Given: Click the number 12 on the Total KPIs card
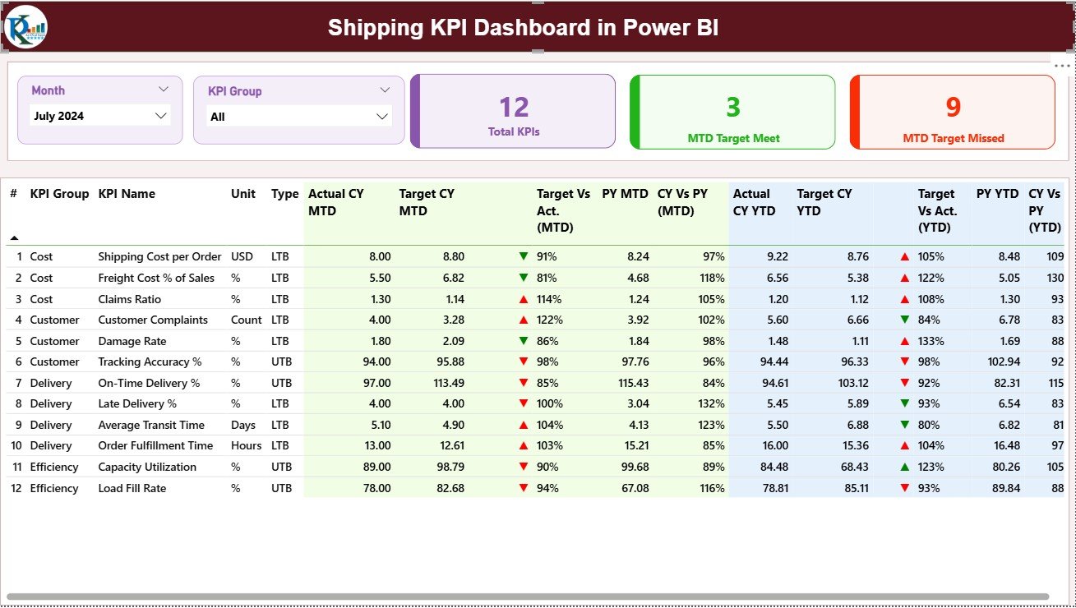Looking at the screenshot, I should [x=514, y=107].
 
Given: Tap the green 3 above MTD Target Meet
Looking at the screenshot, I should [x=733, y=106].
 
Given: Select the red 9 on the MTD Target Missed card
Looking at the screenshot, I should [x=953, y=106].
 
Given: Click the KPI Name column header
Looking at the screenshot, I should [x=127, y=194].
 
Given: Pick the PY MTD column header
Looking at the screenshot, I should [x=625, y=194].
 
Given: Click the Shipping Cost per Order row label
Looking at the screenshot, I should [x=159, y=256].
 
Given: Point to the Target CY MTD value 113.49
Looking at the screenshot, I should [x=447, y=383].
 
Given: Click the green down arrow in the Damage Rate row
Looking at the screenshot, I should [x=524, y=341].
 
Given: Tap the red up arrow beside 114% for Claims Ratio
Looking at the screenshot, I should [x=524, y=299].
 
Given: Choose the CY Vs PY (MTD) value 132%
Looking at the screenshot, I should [x=712, y=403].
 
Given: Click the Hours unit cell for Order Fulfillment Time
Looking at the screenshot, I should [x=246, y=445].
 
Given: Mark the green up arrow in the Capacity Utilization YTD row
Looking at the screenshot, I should [x=905, y=467].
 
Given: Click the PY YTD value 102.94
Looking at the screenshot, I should [x=1004, y=362].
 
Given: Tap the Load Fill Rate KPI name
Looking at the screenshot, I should [x=132, y=488].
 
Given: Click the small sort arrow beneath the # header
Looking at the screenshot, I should [x=14, y=237].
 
